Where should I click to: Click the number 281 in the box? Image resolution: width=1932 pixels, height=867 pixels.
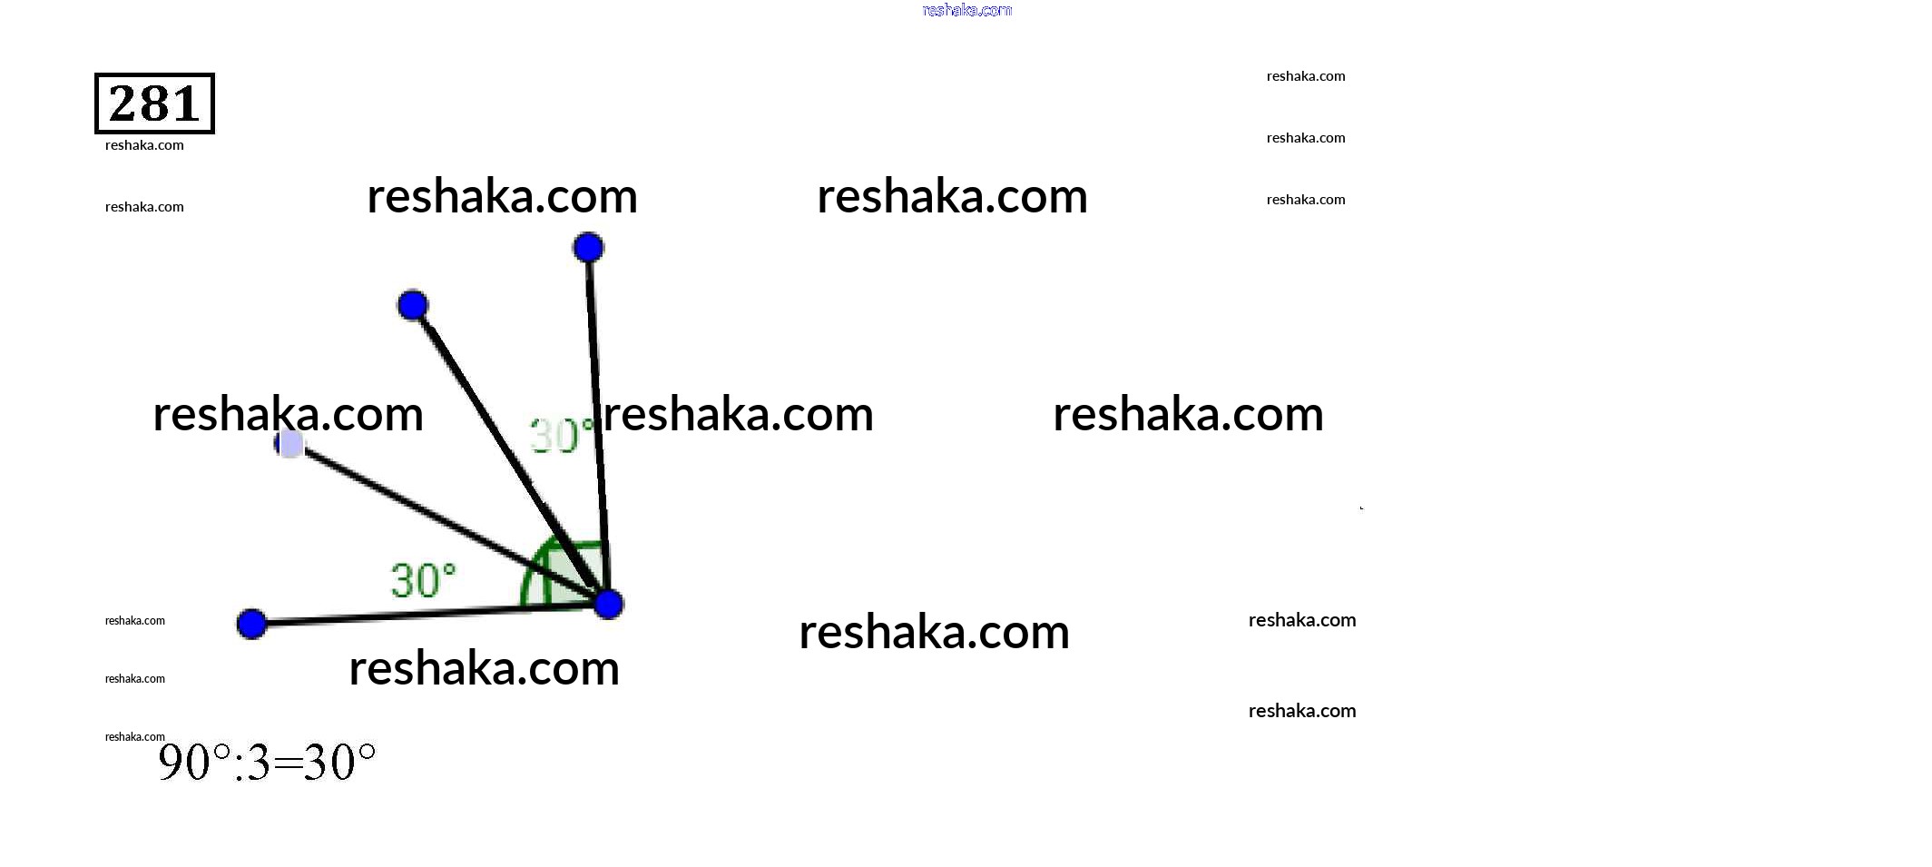[x=154, y=103]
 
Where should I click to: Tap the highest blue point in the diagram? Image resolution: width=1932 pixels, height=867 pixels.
[x=588, y=247]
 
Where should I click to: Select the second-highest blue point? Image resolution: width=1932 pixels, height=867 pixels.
[x=413, y=305]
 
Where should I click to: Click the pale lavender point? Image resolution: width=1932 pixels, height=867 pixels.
[x=290, y=444]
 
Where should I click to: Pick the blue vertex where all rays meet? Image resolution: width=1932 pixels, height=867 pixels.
[x=609, y=604]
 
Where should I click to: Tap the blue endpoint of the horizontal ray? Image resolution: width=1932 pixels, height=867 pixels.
[x=251, y=624]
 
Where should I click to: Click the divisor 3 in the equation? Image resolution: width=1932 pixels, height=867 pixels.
[x=258, y=764]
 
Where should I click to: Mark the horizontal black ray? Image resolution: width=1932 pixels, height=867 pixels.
[x=408, y=615]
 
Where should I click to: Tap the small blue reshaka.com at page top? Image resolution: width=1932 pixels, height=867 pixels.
[x=966, y=10]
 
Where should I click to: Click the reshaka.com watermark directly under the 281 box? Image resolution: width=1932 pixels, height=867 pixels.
[x=144, y=145]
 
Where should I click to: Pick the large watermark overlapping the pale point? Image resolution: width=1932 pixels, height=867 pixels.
[x=288, y=414]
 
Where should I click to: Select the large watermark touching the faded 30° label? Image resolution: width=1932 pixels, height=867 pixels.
[x=738, y=414]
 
